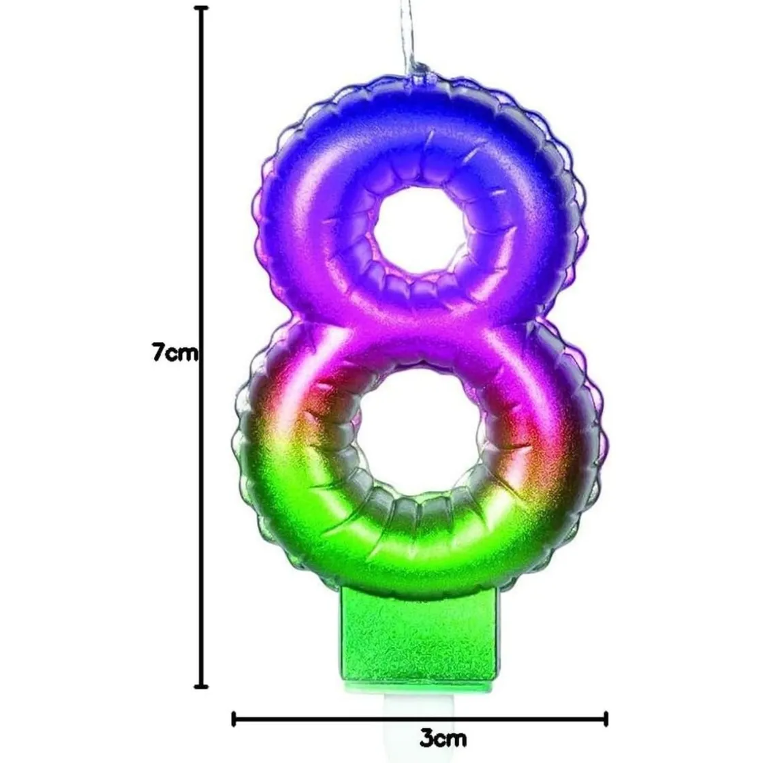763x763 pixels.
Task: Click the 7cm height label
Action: (175, 352)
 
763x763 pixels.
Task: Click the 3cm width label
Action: (443, 738)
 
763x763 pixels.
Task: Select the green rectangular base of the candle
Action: (420, 634)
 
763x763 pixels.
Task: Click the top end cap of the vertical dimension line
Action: (202, 8)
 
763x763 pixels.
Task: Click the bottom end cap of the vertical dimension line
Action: (202, 687)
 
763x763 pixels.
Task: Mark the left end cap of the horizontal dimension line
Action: (234, 719)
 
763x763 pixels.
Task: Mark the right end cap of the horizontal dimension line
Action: (606, 719)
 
